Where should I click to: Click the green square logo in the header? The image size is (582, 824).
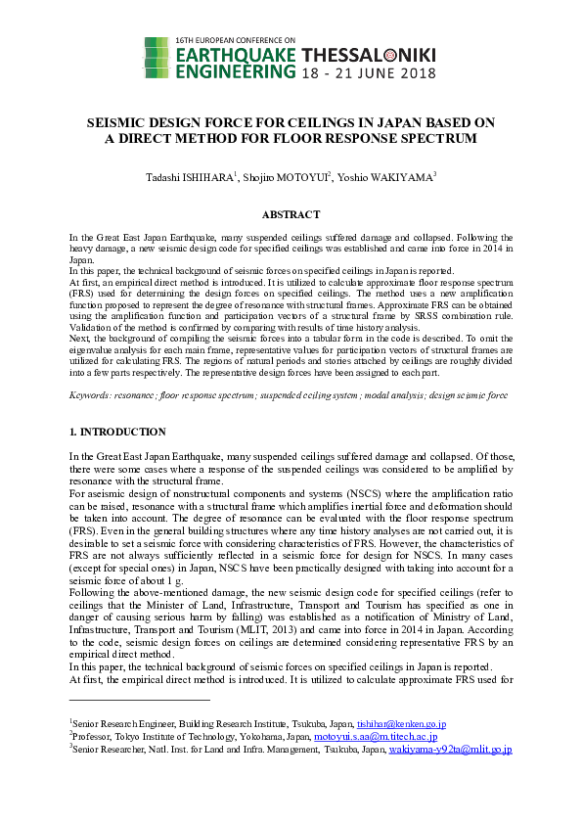point(156,57)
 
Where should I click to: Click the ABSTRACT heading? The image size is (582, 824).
point(291,214)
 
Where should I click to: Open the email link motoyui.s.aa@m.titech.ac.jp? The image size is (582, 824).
point(376,736)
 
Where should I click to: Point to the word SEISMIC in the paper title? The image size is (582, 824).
point(114,122)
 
